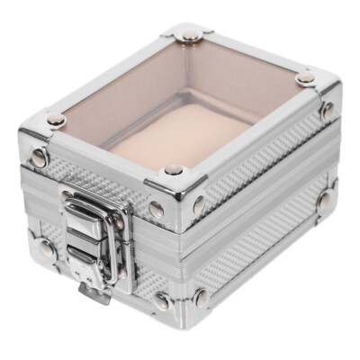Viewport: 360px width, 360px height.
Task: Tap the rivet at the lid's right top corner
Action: pyautogui.click(x=307, y=79)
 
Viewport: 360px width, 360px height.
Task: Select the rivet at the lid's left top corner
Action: pyautogui.click(x=57, y=119)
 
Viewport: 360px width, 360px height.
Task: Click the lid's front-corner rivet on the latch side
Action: pyautogui.click(x=157, y=209)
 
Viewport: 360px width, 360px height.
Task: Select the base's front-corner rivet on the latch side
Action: pyautogui.click(x=161, y=301)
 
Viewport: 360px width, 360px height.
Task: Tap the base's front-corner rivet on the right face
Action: pyautogui.click(x=203, y=297)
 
